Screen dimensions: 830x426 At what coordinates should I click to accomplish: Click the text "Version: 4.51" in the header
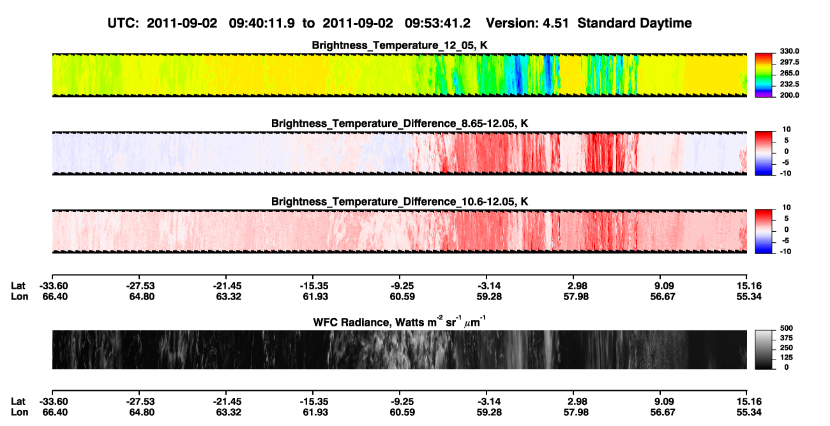click(527, 23)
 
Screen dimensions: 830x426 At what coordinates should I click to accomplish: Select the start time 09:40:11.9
click(262, 23)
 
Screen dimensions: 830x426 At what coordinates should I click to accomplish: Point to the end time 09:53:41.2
click(437, 23)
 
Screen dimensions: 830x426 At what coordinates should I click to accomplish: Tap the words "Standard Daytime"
click(635, 23)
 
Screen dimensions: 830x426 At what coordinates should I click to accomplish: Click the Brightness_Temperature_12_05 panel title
click(400, 45)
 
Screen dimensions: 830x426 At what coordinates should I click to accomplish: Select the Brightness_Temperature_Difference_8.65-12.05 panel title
click(400, 123)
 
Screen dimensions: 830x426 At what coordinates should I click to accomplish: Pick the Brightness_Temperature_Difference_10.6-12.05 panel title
click(400, 202)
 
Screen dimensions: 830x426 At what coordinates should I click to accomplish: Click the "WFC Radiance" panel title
click(400, 321)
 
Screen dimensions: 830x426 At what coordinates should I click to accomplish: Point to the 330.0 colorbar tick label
click(789, 51)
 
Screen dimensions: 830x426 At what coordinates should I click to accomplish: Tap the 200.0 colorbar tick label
click(789, 95)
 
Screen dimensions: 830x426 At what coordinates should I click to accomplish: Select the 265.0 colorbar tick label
click(789, 73)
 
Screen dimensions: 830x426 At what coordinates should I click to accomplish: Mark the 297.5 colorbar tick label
click(789, 62)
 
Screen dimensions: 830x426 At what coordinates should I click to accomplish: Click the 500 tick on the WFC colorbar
click(787, 328)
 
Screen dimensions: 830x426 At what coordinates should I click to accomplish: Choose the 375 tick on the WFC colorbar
click(787, 338)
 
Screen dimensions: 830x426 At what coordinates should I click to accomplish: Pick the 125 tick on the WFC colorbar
click(787, 358)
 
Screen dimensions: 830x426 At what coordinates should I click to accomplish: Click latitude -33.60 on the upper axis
click(54, 286)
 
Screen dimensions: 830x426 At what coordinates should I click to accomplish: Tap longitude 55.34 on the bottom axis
click(749, 413)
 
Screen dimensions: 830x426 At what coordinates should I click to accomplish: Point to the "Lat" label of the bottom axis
click(18, 402)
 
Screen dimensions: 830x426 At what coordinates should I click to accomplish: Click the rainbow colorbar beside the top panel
click(764, 75)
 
